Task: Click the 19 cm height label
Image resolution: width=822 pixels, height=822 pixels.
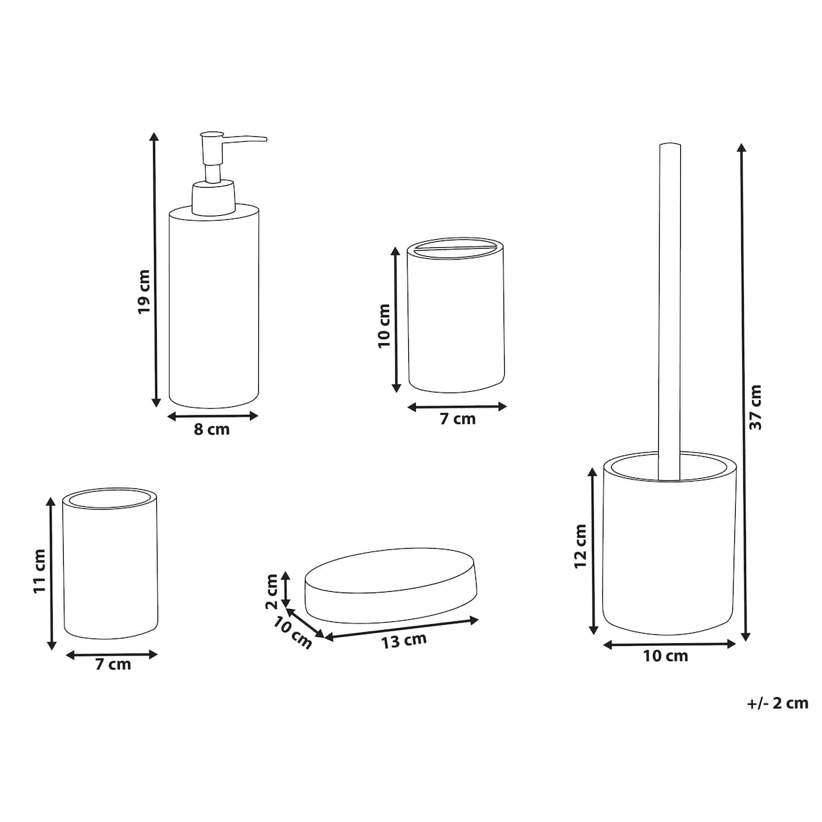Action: pyautogui.click(x=144, y=292)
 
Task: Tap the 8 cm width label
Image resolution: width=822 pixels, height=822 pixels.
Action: pyautogui.click(x=212, y=429)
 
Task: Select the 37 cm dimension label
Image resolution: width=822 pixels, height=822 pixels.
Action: pyautogui.click(x=755, y=407)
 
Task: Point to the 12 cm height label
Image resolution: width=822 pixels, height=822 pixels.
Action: pyautogui.click(x=580, y=546)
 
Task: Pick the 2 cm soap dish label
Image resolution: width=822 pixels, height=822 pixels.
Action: pyautogui.click(x=272, y=591)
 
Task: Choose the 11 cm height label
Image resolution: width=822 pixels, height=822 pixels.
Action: pyautogui.click(x=39, y=571)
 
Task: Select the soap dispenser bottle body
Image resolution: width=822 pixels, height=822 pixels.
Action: pyautogui.click(x=214, y=306)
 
